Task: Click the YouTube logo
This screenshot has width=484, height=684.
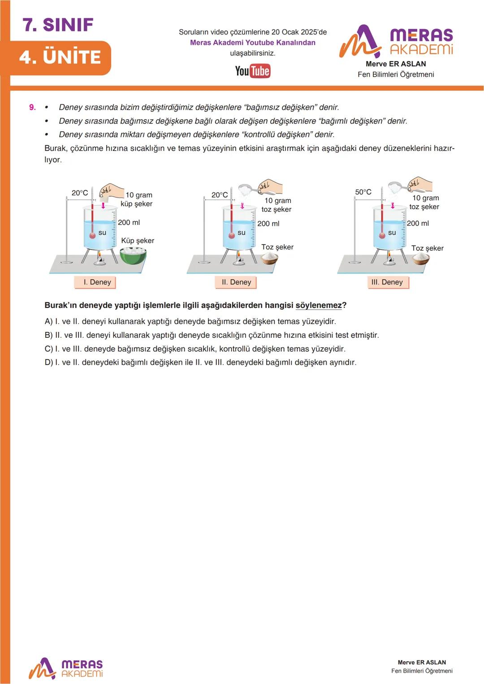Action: (x=253, y=71)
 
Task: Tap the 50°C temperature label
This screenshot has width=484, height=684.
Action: (x=363, y=192)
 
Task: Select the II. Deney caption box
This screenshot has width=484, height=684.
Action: (x=236, y=282)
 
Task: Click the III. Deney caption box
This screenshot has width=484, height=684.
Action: (x=387, y=282)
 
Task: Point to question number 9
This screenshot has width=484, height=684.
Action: (x=32, y=108)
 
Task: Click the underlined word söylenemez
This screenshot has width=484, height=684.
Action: (x=318, y=305)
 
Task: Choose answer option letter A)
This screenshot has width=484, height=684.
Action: (x=48, y=322)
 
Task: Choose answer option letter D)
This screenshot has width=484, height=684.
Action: (x=48, y=362)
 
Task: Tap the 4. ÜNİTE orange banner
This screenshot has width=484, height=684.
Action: (x=60, y=57)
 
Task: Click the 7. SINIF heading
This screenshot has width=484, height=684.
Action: (x=58, y=25)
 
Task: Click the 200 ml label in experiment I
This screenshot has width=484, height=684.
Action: (x=129, y=222)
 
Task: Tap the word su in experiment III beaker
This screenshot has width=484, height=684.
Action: (x=392, y=232)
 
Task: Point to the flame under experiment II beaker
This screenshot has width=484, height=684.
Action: (x=238, y=255)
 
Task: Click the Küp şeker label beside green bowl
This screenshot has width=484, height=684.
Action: (x=137, y=241)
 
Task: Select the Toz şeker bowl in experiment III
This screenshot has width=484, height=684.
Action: (x=420, y=258)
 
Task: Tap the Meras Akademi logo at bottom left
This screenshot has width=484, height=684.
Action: (x=66, y=668)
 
